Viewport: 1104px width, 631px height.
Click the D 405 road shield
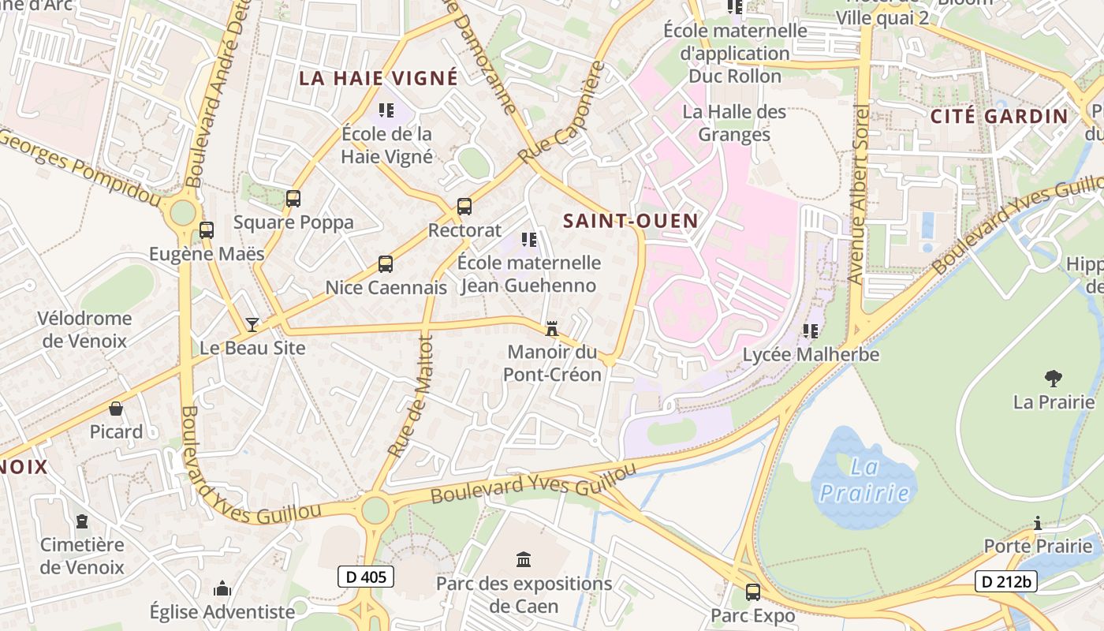click(366, 577)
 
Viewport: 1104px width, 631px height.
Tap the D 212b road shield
click(1005, 581)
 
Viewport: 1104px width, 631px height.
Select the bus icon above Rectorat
click(464, 207)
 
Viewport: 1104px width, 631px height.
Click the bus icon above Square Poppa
click(293, 199)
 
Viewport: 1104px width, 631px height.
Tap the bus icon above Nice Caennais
click(386, 264)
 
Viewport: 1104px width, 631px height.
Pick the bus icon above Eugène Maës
click(207, 230)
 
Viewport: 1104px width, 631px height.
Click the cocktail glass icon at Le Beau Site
click(252, 324)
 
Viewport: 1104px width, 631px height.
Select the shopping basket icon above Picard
click(116, 409)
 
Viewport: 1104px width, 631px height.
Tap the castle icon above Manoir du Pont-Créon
click(552, 328)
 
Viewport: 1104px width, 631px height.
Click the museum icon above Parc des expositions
click(524, 560)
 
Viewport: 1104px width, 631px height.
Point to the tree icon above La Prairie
click(1053, 379)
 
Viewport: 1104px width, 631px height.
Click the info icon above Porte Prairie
click(1038, 523)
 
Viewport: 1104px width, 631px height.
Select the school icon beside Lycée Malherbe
click(811, 331)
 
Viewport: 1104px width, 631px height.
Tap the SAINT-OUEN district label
click(631, 221)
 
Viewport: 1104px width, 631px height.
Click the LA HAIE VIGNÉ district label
click(379, 78)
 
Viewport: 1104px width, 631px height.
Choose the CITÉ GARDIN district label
click(999, 116)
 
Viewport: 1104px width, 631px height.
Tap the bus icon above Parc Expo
click(753, 592)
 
